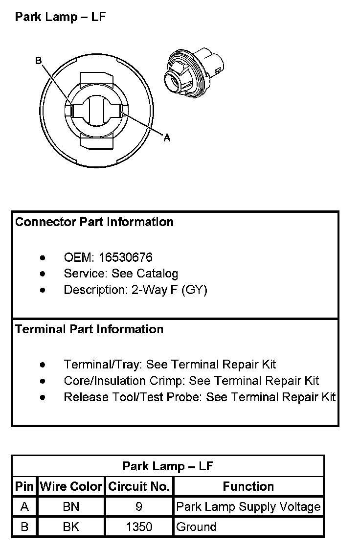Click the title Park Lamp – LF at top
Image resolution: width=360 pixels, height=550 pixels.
pos(60,17)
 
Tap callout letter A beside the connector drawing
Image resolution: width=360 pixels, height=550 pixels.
pos(167,138)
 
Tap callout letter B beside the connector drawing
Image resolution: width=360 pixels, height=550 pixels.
pos(39,61)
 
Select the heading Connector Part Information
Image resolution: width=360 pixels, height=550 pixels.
pos(94,222)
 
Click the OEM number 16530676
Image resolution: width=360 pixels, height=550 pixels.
pos(126,257)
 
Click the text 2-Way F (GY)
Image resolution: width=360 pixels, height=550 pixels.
pos(170,290)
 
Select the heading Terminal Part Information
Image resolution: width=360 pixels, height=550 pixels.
pos(89,329)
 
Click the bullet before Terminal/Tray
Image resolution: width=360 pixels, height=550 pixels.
pos(44,365)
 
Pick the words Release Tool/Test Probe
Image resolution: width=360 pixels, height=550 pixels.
pos(132,397)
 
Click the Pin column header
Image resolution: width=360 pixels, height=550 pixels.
pos(24,486)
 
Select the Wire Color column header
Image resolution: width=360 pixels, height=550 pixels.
pos(71,486)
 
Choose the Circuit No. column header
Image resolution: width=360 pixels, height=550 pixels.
pos(139,486)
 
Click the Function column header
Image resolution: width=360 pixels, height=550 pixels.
pos(248,486)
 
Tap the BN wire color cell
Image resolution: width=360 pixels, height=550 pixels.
pos(71,507)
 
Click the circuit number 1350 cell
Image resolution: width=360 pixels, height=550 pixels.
pos(139,527)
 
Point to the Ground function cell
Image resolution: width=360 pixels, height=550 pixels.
pos(196,527)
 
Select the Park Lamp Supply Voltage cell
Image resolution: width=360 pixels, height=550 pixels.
pos(248,507)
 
